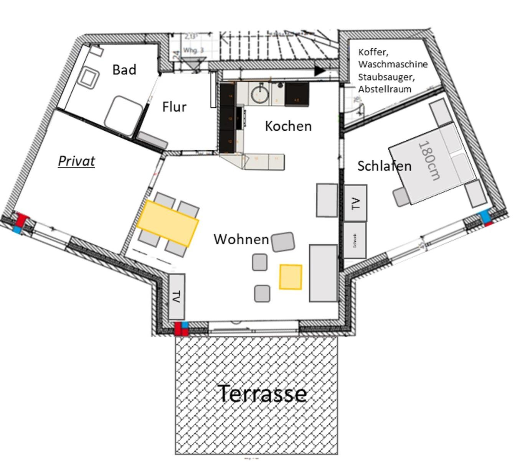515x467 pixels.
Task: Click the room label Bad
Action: (x=124, y=70)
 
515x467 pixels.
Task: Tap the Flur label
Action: (x=174, y=107)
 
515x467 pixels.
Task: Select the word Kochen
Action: (x=288, y=126)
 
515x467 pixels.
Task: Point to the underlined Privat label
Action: (x=76, y=161)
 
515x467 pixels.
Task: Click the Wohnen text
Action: (x=241, y=239)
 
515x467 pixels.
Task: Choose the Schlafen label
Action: (x=384, y=166)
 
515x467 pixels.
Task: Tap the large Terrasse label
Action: (x=262, y=393)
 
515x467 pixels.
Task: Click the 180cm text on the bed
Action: (x=429, y=160)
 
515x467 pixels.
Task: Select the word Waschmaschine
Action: (x=393, y=64)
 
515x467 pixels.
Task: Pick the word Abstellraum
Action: (x=385, y=89)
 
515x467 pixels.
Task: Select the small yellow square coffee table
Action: (x=291, y=277)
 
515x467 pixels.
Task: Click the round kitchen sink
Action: (x=261, y=93)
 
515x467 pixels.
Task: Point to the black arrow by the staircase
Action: (x=319, y=71)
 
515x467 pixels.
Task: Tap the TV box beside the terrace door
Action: (x=177, y=296)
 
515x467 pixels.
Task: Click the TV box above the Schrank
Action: (x=355, y=203)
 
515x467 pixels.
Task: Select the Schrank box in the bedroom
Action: (x=355, y=240)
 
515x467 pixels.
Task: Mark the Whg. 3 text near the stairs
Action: (x=193, y=51)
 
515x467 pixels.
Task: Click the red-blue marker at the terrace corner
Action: (x=182, y=329)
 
